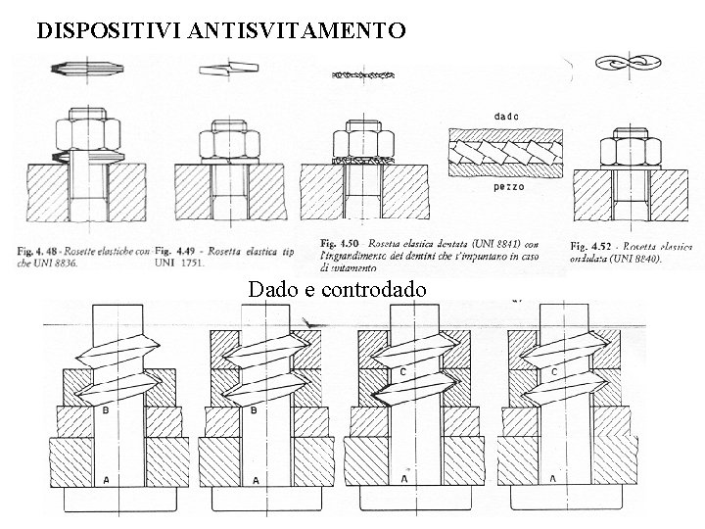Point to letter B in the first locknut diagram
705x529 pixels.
[105, 411]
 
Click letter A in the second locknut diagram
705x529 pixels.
[256, 480]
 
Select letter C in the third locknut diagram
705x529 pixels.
[403, 372]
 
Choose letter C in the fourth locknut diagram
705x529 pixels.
[554, 372]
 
